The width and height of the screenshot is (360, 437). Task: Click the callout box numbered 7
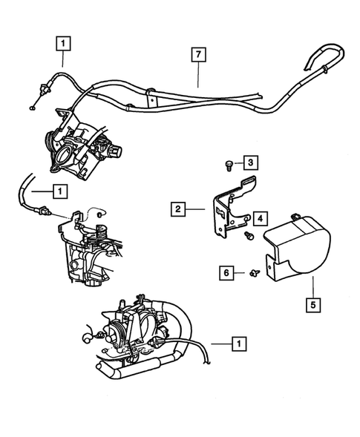pyautogui.click(x=197, y=54)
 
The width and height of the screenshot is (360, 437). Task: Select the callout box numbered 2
pyautogui.click(x=177, y=210)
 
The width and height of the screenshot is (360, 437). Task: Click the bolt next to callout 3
pyautogui.click(x=229, y=162)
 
